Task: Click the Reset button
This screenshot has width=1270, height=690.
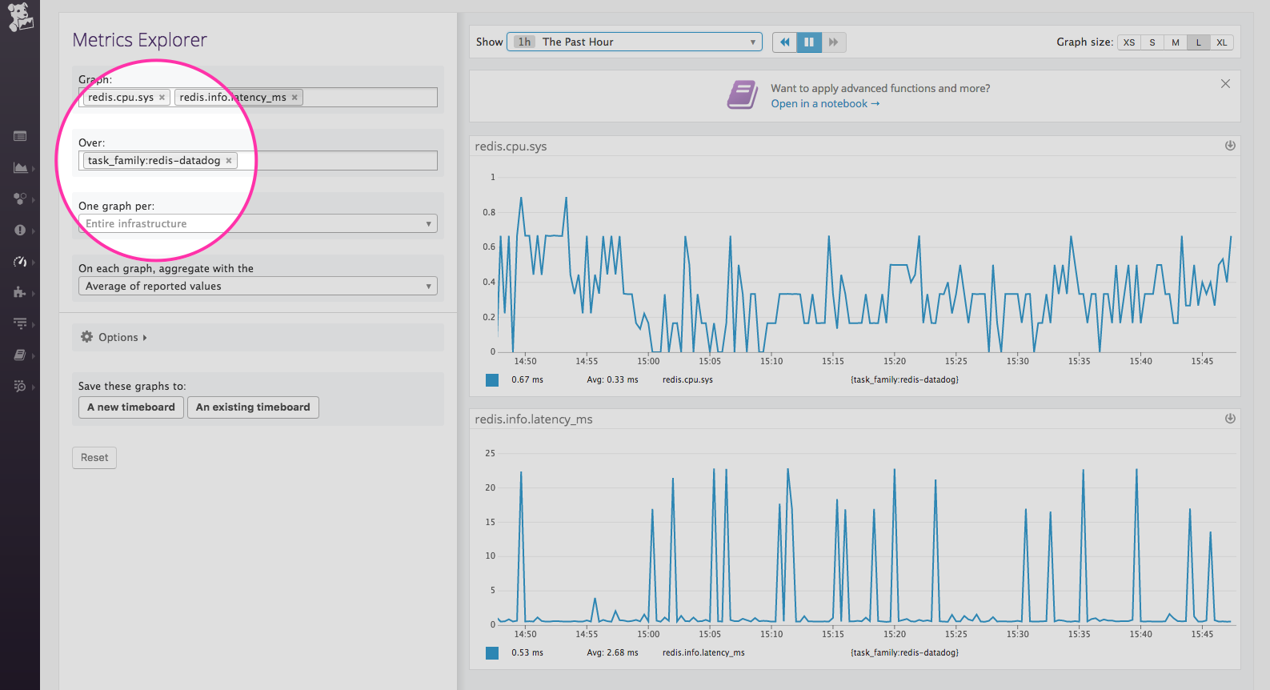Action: [94, 458]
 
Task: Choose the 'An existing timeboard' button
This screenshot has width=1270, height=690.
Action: [253, 407]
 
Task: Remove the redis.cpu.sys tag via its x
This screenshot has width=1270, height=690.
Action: [162, 98]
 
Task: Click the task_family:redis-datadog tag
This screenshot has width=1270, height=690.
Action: [154, 161]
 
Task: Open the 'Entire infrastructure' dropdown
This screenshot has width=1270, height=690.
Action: [258, 224]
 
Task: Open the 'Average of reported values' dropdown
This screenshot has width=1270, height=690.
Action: [258, 287]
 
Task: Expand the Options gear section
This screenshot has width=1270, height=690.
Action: [114, 338]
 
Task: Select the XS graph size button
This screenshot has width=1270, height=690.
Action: [1128, 42]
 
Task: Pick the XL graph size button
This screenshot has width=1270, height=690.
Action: [1221, 42]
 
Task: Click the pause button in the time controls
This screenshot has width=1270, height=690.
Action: [809, 42]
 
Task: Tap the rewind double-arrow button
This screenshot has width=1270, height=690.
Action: [784, 42]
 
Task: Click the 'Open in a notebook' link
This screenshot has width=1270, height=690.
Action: [824, 104]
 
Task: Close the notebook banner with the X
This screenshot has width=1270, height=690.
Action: [1225, 84]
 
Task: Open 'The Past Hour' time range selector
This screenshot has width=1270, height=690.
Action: [634, 42]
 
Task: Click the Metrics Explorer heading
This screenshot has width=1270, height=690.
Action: [139, 40]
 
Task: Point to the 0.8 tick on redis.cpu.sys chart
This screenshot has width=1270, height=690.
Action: [489, 212]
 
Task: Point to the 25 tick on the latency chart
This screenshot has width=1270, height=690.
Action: [490, 453]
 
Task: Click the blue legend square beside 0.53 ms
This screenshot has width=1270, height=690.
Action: [492, 653]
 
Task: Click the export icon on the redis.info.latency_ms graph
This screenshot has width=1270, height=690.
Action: [1230, 419]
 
